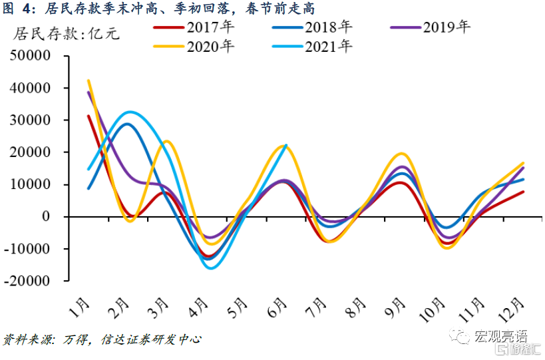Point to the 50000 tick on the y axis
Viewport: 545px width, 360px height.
click(x=33, y=56)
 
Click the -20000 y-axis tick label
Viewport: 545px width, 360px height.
click(x=30, y=281)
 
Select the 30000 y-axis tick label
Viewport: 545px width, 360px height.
click(x=33, y=120)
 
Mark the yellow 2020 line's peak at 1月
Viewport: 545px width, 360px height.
click(x=89, y=81)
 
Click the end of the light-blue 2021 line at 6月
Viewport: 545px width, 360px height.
click(x=286, y=145)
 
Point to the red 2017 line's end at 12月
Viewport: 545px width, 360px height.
click(x=524, y=192)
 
